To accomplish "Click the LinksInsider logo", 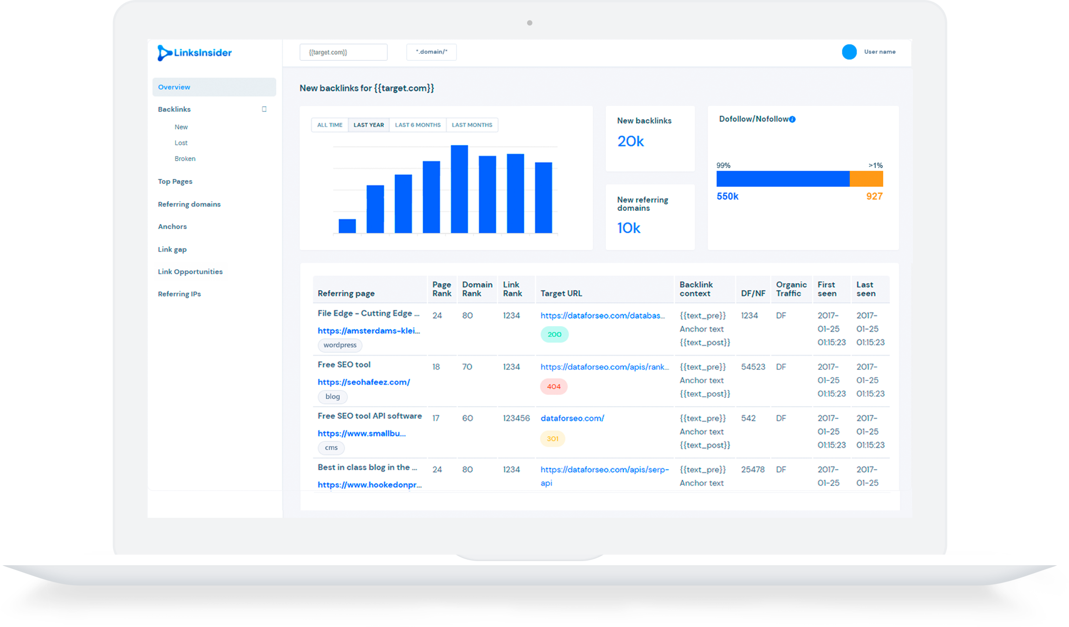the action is (x=194, y=53).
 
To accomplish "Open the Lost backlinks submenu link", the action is (x=181, y=143).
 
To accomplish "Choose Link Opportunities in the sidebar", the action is (x=190, y=272).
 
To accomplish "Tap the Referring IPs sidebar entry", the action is (x=179, y=294).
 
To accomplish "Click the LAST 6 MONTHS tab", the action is (x=417, y=125).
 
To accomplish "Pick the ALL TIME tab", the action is (x=330, y=125).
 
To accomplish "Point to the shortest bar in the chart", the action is (x=347, y=226).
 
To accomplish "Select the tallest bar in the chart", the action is (x=459, y=189).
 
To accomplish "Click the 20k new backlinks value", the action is (x=630, y=141).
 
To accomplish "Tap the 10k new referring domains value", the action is (x=628, y=228).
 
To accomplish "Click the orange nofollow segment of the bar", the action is (x=866, y=179).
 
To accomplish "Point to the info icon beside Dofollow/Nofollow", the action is (x=792, y=119).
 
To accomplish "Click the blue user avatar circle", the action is (x=849, y=52).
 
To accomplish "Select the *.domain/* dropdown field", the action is (x=431, y=52).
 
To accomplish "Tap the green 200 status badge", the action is (x=554, y=334).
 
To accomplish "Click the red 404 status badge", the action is (x=554, y=386).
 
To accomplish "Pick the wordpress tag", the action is (x=340, y=345).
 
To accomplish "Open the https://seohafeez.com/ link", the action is (x=364, y=382).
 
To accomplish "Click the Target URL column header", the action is (x=561, y=294).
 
